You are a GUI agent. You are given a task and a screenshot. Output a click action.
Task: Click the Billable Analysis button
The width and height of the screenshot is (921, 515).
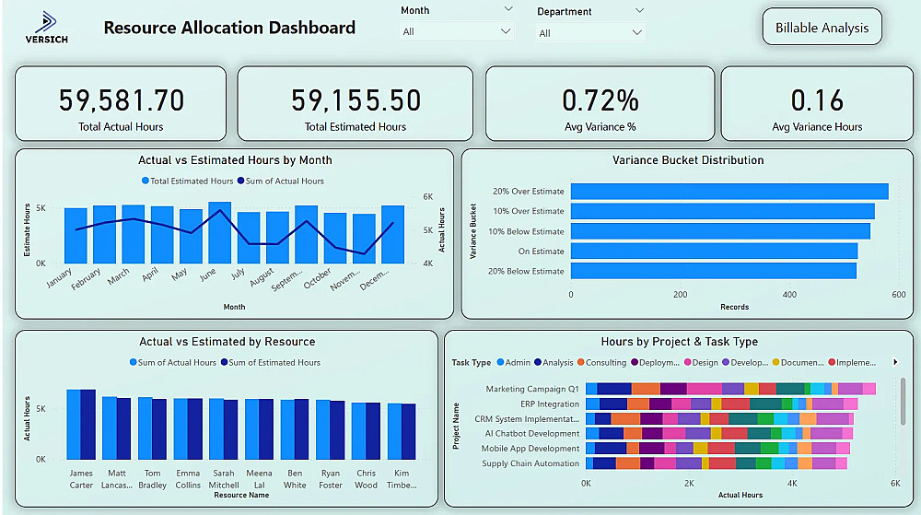pyautogui.click(x=822, y=28)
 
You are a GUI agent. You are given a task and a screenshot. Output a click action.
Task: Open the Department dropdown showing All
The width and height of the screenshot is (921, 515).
pyautogui.click(x=590, y=33)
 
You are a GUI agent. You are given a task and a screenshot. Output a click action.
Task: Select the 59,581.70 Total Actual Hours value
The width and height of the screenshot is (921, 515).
pyautogui.click(x=122, y=99)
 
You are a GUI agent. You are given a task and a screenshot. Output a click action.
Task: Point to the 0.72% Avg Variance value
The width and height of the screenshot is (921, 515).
pyautogui.click(x=600, y=99)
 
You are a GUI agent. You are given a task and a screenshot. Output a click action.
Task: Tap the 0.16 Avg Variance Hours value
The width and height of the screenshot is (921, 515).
pyautogui.click(x=817, y=99)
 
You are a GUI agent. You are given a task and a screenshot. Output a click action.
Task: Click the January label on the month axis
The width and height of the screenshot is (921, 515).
pyautogui.click(x=59, y=278)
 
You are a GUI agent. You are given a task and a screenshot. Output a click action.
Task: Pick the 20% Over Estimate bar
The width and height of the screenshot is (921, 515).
pyautogui.click(x=729, y=192)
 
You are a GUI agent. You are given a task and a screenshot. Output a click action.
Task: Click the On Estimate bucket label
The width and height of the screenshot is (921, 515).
pyautogui.click(x=541, y=252)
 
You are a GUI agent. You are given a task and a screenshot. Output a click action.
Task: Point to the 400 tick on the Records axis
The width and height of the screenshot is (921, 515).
pyautogui.click(x=789, y=295)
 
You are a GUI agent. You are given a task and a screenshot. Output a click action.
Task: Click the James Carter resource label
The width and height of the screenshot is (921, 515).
pyautogui.click(x=81, y=479)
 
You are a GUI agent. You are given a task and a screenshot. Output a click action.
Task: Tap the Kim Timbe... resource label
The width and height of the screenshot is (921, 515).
pyautogui.click(x=401, y=479)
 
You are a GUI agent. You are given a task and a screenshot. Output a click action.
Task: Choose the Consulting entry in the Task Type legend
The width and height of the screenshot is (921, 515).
pyautogui.click(x=605, y=363)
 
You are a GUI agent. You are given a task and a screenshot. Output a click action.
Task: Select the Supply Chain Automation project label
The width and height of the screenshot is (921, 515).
pyautogui.click(x=530, y=463)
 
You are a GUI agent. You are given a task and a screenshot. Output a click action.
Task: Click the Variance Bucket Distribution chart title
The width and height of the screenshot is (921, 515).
pyautogui.click(x=688, y=160)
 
